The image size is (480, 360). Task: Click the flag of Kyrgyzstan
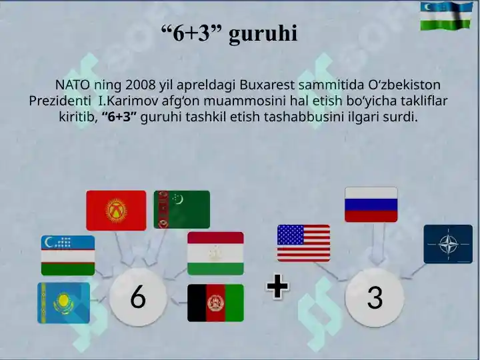point(116,211)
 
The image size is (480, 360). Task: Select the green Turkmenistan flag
point(182,210)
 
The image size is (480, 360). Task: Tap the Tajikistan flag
point(215,253)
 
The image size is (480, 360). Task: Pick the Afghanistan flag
point(215,303)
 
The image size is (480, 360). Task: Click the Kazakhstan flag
point(64,303)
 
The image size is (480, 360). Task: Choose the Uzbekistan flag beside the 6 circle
point(68,255)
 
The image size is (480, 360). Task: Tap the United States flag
point(304,243)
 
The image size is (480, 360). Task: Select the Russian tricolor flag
point(371,205)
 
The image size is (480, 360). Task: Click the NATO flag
point(448,244)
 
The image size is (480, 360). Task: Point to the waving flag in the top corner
point(446,16)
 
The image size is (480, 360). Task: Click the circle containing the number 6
point(138,297)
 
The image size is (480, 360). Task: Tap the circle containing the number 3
point(375,297)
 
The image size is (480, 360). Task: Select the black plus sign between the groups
point(277,286)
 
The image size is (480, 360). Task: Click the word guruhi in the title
point(263,33)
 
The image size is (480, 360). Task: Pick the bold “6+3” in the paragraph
point(119,117)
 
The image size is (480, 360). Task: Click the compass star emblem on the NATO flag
point(449,244)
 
